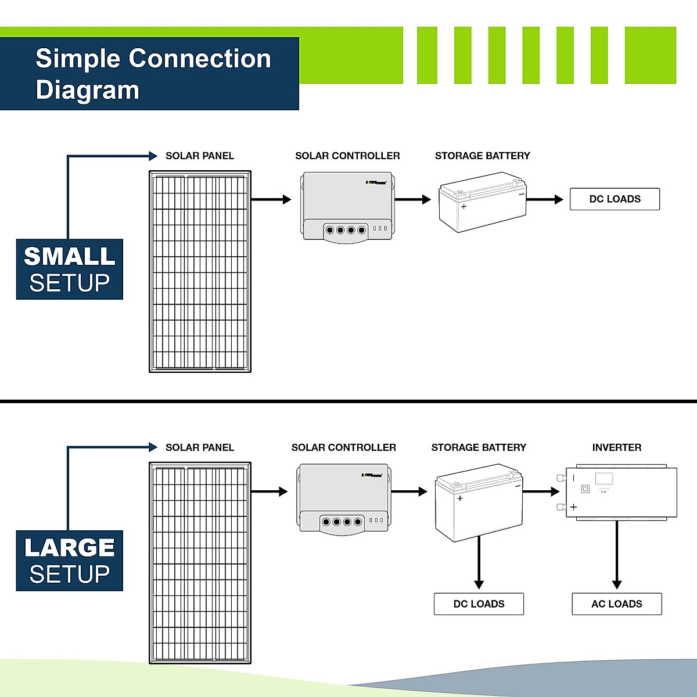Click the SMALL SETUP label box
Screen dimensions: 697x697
pos(70,270)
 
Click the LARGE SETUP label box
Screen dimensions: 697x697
pos(70,561)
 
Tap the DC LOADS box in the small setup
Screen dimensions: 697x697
pos(615,199)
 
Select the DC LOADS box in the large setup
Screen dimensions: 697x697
pos(479,604)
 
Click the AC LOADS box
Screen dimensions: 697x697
pos(616,604)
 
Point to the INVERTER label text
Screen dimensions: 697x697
pos(616,448)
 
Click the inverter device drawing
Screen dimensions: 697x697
pos(620,492)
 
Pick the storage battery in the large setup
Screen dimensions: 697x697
pos(479,502)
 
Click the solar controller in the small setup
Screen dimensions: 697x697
pos(347,207)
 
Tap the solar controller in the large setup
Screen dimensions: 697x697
pos(343,498)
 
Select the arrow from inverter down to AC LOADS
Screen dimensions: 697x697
pos(617,555)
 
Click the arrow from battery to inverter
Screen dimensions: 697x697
pos(541,492)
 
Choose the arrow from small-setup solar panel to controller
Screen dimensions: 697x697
pos(271,199)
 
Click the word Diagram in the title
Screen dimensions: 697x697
pos(87,90)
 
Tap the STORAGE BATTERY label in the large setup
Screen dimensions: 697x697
pos(479,448)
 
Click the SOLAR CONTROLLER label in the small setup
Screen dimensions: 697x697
pos(347,156)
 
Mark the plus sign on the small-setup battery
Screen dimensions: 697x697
pos(464,207)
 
